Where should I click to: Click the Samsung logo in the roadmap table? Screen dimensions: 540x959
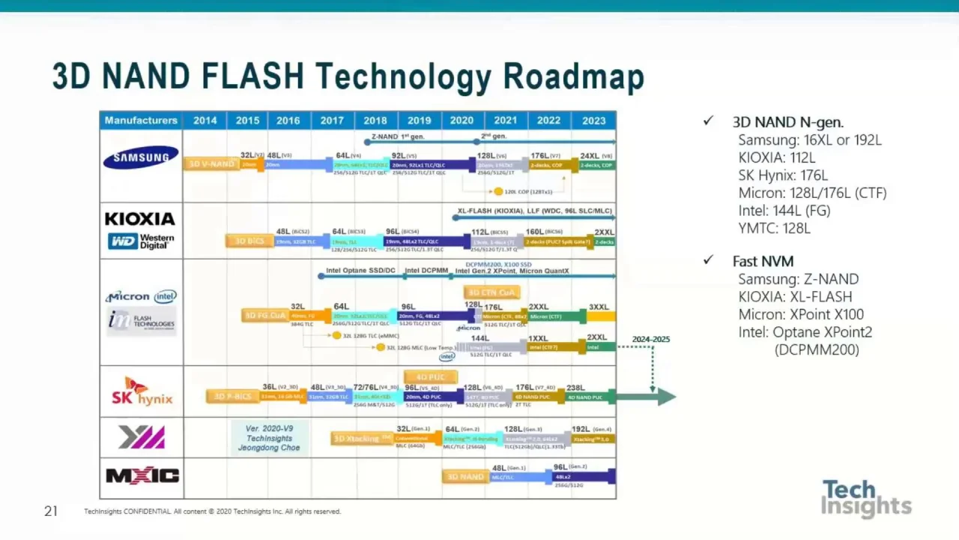(x=141, y=157)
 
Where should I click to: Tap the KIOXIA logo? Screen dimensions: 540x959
(x=140, y=219)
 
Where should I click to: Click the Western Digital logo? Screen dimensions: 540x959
(x=141, y=241)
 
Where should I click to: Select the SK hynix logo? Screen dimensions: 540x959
(x=142, y=391)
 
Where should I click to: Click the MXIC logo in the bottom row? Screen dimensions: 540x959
(x=142, y=475)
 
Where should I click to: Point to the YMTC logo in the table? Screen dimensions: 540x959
(x=141, y=436)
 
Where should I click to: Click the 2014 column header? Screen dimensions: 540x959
(x=205, y=120)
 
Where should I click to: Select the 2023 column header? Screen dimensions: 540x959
(x=593, y=120)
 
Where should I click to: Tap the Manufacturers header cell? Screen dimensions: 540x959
(x=141, y=120)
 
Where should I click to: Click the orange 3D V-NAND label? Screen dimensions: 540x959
(x=212, y=163)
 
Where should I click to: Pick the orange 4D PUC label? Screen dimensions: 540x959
(x=430, y=376)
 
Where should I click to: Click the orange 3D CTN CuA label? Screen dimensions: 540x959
(x=491, y=292)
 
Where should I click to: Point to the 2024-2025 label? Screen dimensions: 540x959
(x=650, y=339)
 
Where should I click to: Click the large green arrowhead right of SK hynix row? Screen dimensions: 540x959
(x=665, y=397)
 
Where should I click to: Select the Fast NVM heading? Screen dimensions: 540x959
(x=763, y=261)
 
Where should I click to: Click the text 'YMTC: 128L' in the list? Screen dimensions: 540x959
(x=774, y=229)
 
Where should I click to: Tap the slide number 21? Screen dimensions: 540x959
(x=50, y=511)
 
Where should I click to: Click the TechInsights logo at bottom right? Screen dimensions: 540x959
(x=866, y=498)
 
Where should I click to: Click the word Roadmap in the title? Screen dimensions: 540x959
(x=573, y=76)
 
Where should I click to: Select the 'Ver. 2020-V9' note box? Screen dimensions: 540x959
(x=269, y=438)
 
